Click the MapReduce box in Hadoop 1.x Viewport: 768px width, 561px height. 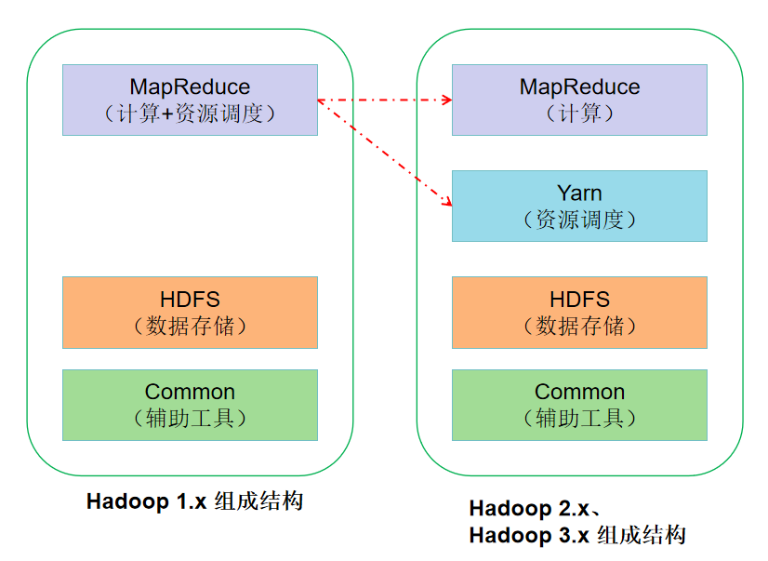(x=190, y=100)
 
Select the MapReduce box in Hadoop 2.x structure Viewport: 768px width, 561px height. (x=579, y=100)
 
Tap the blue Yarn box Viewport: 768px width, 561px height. (x=579, y=206)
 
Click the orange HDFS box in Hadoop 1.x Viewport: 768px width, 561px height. (x=190, y=312)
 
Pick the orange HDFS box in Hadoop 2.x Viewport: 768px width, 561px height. (x=579, y=312)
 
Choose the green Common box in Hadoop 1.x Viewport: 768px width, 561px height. (x=190, y=405)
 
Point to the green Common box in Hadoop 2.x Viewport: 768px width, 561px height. (x=579, y=405)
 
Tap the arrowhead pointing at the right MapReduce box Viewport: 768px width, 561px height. (x=445, y=100)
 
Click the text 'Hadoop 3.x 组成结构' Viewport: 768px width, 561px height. (x=576, y=536)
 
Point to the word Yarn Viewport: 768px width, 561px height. (x=579, y=194)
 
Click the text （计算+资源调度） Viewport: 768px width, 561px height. (x=190, y=114)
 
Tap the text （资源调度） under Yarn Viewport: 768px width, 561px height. (x=579, y=220)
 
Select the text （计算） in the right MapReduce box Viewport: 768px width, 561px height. (x=579, y=114)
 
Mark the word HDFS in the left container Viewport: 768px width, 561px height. (x=190, y=299)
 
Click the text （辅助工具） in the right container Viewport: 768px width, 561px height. (x=579, y=419)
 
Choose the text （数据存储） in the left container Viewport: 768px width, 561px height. (x=190, y=326)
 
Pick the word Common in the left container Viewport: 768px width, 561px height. (x=190, y=392)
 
